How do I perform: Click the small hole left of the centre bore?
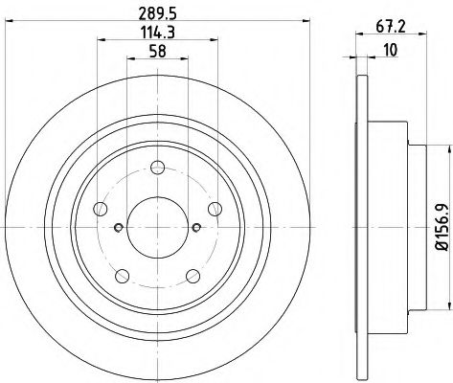(117, 227)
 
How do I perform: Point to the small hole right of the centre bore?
(194, 227)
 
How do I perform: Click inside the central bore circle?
(155, 227)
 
